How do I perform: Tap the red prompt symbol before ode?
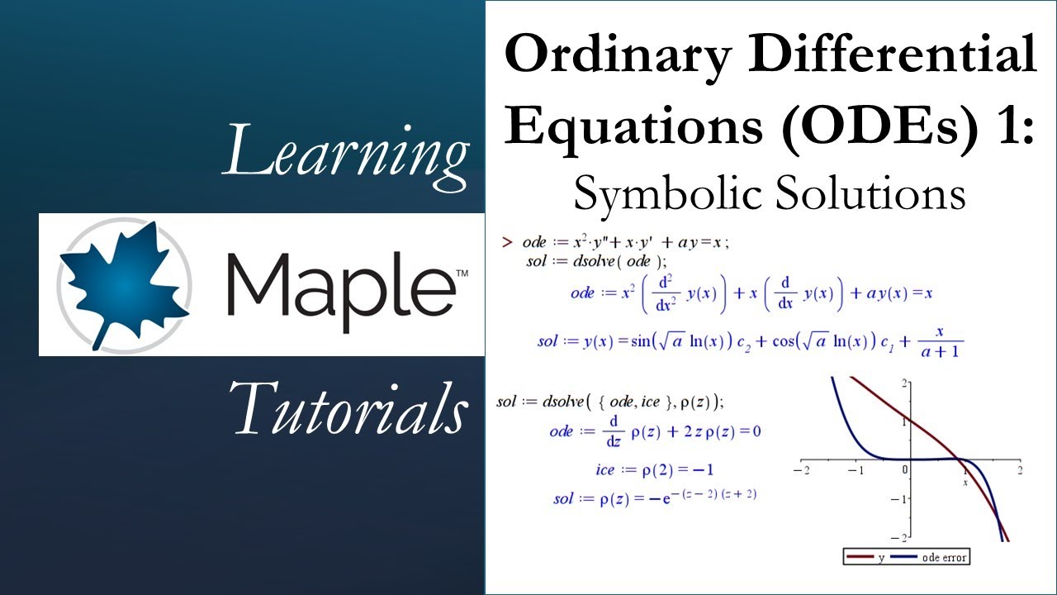pos(507,242)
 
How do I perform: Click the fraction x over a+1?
pos(941,341)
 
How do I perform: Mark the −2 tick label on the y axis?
pos(903,537)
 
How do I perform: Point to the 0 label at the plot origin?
pos(905,469)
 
